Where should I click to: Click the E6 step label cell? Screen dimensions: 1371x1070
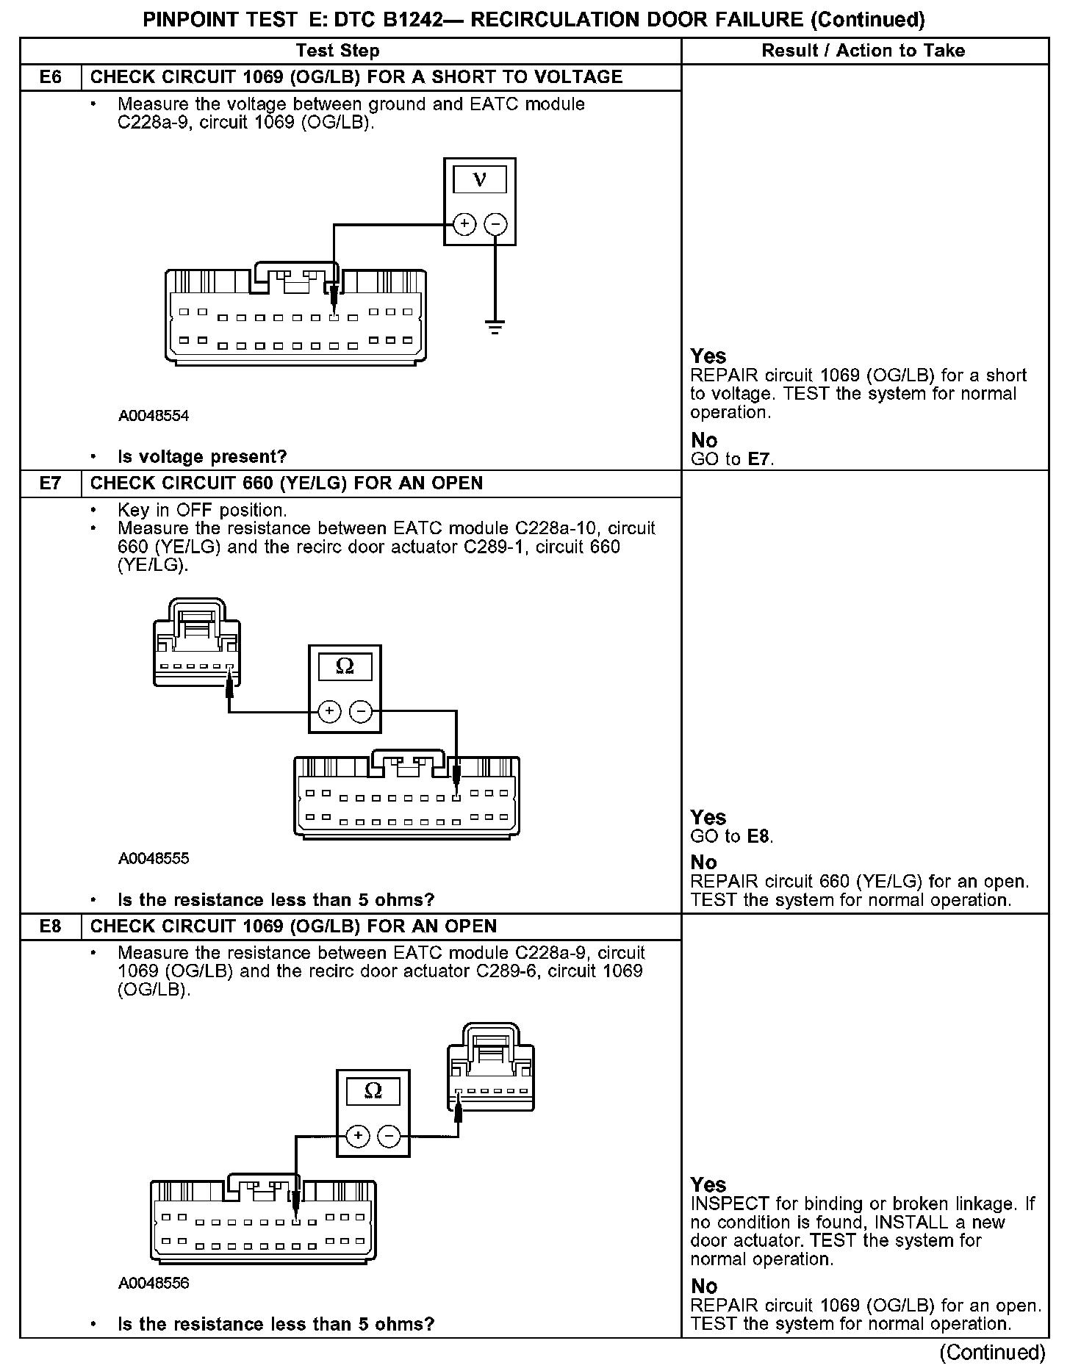click(50, 77)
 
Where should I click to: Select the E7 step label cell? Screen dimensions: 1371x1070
click(50, 483)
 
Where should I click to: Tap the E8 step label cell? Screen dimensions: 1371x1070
click(50, 926)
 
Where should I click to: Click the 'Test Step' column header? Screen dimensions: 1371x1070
click(337, 51)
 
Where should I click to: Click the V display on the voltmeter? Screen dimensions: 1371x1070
click(480, 179)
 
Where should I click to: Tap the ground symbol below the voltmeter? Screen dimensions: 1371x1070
click(496, 326)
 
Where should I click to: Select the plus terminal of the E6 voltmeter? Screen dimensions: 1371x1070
click(464, 223)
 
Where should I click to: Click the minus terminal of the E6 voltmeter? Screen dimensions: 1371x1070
click(496, 223)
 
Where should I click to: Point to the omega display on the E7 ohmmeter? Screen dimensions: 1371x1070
click(344, 666)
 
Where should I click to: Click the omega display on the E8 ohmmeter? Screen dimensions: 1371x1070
click(373, 1091)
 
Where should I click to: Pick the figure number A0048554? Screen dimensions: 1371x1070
click(154, 416)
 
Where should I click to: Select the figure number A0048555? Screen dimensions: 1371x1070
click(154, 858)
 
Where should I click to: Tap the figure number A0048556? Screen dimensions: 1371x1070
click(154, 1283)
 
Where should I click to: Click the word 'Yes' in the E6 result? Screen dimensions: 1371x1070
click(708, 356)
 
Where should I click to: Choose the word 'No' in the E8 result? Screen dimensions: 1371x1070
click(704, 1286)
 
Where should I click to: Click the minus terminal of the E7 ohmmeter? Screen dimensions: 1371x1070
click(360, 711)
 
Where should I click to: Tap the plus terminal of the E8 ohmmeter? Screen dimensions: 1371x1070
click(358, 1136)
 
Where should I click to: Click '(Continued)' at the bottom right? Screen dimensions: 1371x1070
click(992, 1352)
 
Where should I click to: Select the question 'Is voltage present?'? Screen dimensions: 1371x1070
click(202, 457)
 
